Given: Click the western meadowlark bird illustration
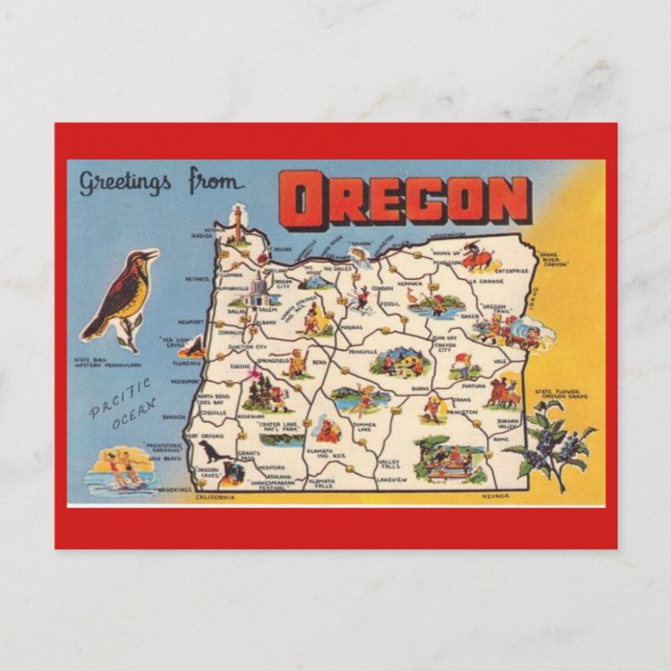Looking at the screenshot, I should [x=120, y=296].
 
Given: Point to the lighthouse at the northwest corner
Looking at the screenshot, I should [x=239, y=224].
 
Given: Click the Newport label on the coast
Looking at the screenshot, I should [x=191, y=322].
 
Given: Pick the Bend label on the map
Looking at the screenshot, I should [x=319, y=362].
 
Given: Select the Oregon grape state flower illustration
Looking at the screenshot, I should [x=552, y=441].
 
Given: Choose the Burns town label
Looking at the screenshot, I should [x=420, y=388].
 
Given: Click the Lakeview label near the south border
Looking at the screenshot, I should [x=392, y=479].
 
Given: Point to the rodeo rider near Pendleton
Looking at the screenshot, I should [x=476, y=257].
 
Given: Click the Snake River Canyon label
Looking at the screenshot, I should [x=556, y=261].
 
